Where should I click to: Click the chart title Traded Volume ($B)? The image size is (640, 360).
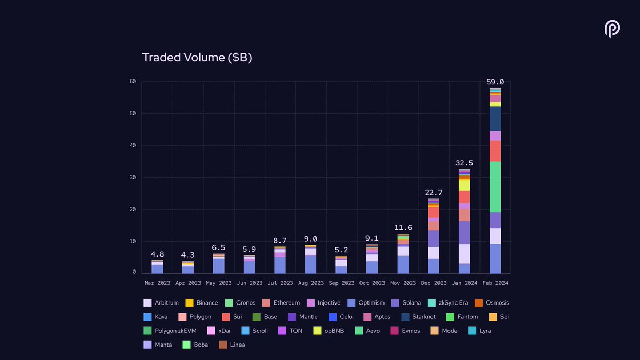pos(197,58)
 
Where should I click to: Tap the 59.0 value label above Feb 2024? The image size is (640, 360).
pos(495,82)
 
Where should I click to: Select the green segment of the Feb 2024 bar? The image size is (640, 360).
pos(495,187)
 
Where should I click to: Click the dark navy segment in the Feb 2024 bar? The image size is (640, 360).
pos(495,118)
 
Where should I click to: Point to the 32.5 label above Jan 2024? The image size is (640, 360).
pos(464,163)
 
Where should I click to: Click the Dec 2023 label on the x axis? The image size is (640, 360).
pos(433,283)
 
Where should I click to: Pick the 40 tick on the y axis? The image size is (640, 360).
pos(133,145)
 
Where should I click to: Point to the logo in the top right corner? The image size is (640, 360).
pos(612,29)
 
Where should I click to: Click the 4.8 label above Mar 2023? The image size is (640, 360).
pos(157,254)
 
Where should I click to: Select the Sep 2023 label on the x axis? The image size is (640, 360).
pos(341,283)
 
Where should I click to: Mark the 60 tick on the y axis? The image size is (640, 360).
pos(133,81)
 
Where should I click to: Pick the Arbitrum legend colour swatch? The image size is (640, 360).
pos(148,302)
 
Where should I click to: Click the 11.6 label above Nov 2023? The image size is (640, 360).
pos(403,227)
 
